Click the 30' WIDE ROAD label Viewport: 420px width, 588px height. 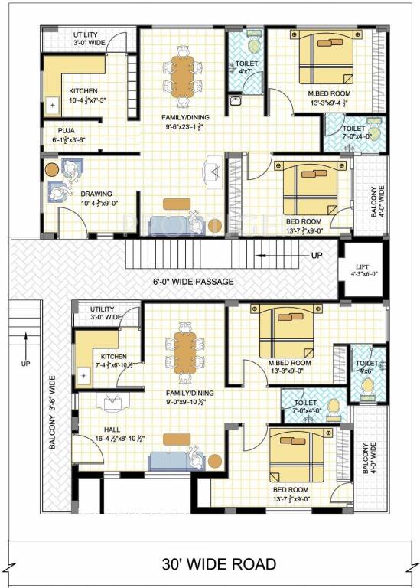tap(218, 565)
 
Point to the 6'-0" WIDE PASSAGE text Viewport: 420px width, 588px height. tap(193, 281)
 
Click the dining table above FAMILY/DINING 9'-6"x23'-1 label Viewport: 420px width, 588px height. tap(182, 73)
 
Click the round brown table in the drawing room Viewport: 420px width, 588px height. tap(52, 168)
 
